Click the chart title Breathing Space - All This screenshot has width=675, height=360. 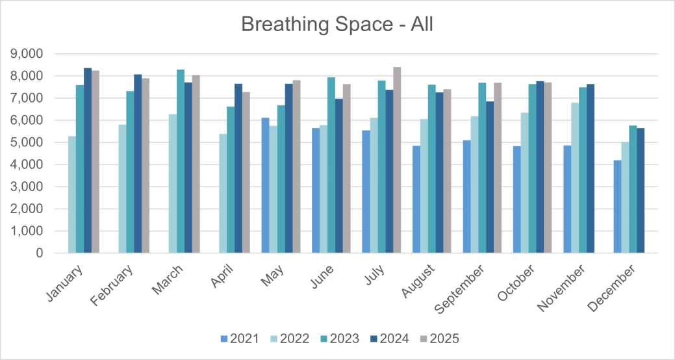(337, 24)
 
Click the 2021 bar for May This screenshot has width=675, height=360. (265, 185)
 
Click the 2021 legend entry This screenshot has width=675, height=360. (240, 339)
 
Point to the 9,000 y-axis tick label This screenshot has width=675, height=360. (28, 53)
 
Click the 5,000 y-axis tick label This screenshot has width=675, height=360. (28, 142)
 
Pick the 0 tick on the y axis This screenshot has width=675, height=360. (40, 253)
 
